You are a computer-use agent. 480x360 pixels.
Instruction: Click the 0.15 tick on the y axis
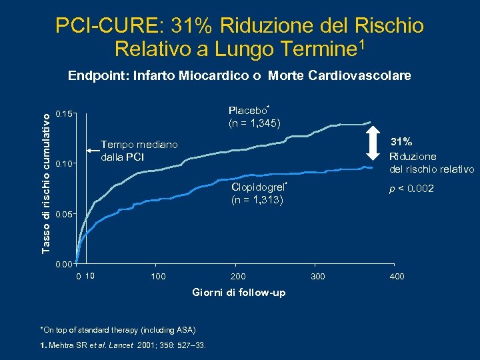[x=65, y=114]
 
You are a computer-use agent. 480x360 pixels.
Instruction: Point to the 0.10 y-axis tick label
[x=65, y=164]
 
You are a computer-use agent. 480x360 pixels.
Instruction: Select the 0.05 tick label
[x=65, y=214]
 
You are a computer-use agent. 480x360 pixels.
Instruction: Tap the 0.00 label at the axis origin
[x=65, y=265]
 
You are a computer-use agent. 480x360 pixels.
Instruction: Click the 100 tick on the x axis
[x=159, y=277]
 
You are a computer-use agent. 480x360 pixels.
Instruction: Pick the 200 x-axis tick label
[x=238, y=277]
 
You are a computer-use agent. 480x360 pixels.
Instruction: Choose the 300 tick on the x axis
[x=318, y=277]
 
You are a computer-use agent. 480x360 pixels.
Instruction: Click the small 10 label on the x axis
[x=91, y=276]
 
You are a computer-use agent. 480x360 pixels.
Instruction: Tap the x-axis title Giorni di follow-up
[x=239, y=293]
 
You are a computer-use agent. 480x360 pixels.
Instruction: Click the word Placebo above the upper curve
[x=247, y=111]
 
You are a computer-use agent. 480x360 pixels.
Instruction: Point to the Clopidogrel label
[x=257, y=187]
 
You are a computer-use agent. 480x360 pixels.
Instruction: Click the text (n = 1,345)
[x=254, y=123]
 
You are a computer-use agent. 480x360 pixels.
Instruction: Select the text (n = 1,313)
[x=257, y=200]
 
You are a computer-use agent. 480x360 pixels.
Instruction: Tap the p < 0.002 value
[x=412, y=189]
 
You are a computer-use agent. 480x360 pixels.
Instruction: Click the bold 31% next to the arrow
[x=401, y=142]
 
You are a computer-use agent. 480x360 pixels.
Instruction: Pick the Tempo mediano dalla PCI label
[x=139, y=151]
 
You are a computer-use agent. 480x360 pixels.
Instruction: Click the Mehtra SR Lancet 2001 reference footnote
[x=123, y=345]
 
